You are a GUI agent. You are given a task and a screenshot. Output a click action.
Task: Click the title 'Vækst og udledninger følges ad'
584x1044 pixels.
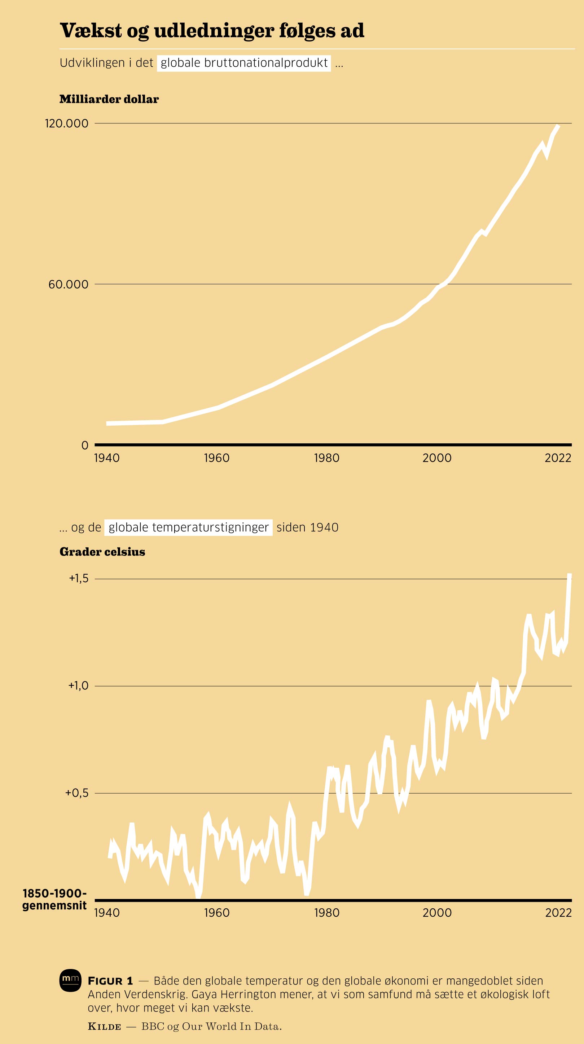(x=212, y=31)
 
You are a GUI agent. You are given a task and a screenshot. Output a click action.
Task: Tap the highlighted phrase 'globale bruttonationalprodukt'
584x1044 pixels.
(x=244, y=63)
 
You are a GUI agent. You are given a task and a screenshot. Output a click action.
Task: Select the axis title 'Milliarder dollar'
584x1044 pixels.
(x=109, y=99)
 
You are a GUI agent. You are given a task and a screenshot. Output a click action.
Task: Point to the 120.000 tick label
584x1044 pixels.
(x=66, y=123)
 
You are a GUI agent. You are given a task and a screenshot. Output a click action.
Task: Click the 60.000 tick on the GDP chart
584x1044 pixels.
(x=68, y=285)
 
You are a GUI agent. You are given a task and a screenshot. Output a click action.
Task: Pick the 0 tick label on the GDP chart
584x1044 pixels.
(x=85, y=446)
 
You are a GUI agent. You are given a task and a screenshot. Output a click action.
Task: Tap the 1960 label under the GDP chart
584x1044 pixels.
(x=216, y=458)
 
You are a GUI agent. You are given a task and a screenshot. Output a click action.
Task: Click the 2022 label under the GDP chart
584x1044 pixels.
(x=558, y=458)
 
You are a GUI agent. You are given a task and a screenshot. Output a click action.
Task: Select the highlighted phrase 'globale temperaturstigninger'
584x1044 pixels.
(x=188, y=527)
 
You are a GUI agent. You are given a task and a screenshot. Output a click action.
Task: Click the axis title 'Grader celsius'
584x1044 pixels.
(x=102, y=552)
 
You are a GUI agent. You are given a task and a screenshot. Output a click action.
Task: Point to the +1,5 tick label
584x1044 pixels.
(x=79, y=578)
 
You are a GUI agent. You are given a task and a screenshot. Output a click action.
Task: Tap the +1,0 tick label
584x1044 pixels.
(x=78, y=685)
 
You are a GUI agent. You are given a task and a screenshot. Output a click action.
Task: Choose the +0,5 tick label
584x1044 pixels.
(x=76, y=793)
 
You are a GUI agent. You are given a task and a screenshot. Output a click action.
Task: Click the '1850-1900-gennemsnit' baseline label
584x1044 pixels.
(x=54, y=900)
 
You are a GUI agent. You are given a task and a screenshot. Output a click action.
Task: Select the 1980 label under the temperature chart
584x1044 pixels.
(x=327, y=913)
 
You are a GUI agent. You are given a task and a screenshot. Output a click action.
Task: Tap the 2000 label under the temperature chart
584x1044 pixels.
(x=437, y=913)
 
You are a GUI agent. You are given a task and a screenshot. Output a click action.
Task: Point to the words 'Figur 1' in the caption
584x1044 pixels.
(x=110, y=981)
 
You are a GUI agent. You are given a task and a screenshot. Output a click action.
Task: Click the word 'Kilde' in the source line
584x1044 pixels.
(x=105, y=1027)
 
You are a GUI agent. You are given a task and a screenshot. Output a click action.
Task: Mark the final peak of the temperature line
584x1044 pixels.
(x=570, y=575)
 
